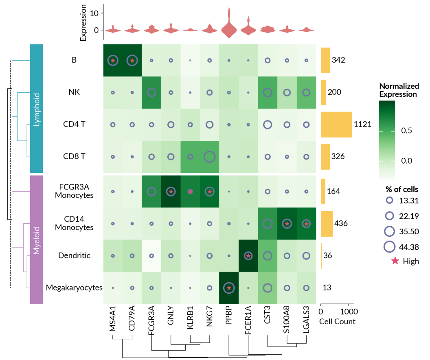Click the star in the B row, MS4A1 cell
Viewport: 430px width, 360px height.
[x=113, y=61]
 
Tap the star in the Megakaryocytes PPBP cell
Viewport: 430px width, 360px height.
[x=229, y=288]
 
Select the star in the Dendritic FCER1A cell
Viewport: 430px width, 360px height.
[x=248, y=256]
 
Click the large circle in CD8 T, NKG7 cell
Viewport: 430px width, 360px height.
[x=209, y=157]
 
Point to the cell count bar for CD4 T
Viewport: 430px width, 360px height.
[x=336, y=124]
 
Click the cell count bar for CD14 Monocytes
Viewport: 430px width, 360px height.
[x=327, y=223]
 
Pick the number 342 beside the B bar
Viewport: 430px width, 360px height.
[x=338, y=60]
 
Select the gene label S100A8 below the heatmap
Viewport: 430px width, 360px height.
[x=287, y=322]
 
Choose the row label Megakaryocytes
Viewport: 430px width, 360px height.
[x=74, y=288]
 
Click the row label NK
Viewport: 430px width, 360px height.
[x=74, y=92]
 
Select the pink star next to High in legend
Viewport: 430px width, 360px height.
[x=395, y=261]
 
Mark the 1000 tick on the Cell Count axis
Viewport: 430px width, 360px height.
[x=349, y=312]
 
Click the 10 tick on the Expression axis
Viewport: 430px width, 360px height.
[x=94, y=13]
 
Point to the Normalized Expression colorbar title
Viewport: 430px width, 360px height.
[x=399, y=90]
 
